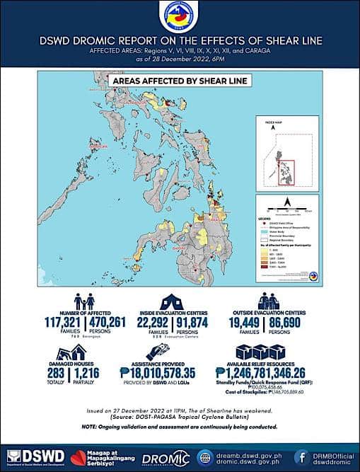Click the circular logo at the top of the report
(x=180, y=17)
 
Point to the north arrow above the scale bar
(x=287, y=202)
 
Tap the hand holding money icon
(x=157, y=351)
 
